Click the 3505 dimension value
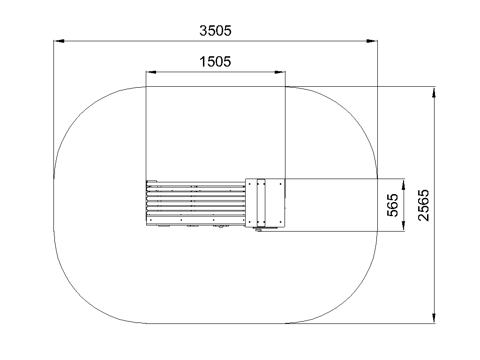[215, 30]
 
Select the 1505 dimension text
[215, 61]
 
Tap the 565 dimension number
[393, 205]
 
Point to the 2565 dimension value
[424, 205]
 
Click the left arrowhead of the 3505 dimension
[59, 41]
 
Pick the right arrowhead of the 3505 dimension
[372, 41]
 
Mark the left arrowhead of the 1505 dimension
[151, 72]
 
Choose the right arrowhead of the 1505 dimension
[280, 72]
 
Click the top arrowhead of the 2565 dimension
[434, 92]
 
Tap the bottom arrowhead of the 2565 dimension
[434, 318]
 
